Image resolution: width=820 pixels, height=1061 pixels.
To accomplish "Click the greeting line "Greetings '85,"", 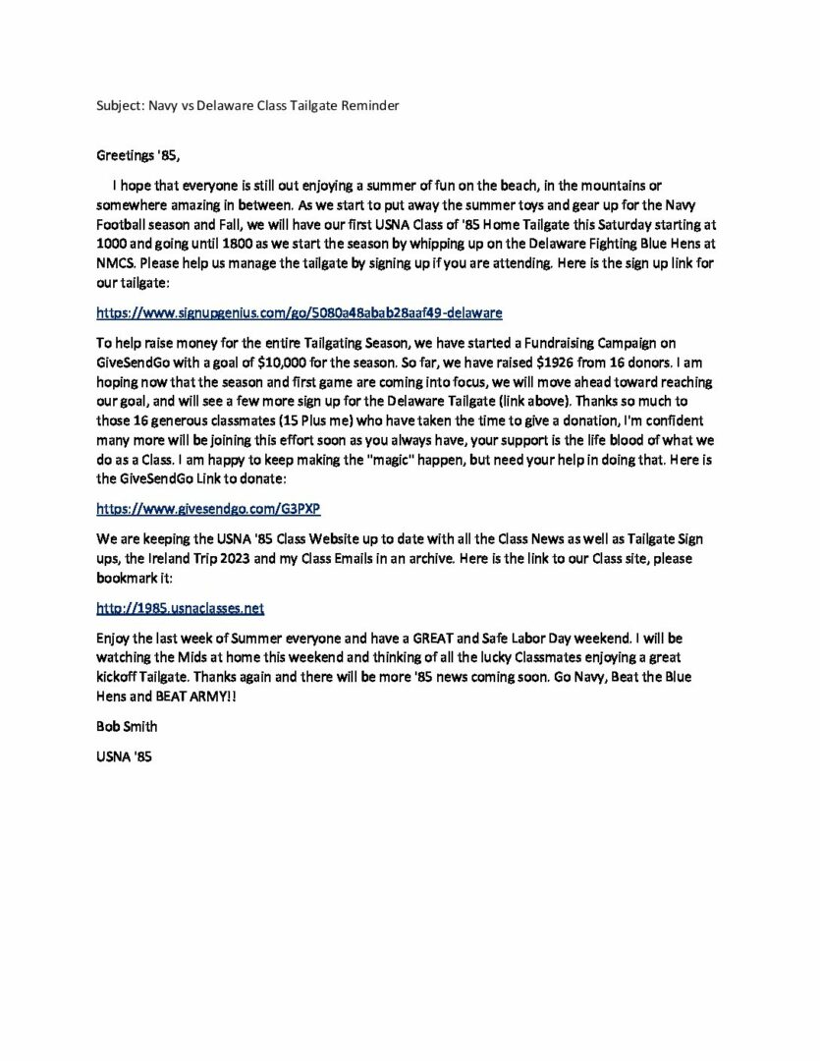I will (138, 155).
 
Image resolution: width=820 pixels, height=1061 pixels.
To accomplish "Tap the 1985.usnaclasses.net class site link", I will (180, 608).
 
